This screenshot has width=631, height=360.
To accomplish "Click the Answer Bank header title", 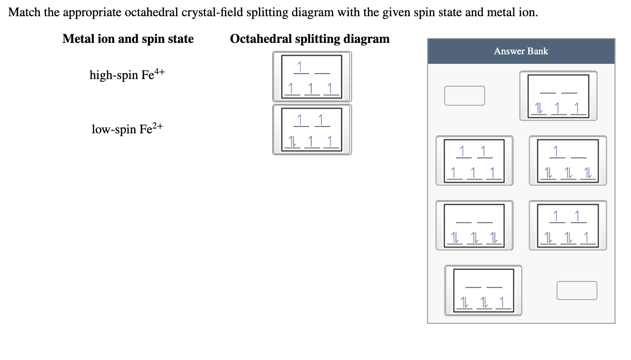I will click(521, 51).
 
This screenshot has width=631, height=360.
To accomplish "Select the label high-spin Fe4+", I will click(127, 75).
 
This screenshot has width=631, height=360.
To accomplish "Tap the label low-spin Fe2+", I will click(127, 129).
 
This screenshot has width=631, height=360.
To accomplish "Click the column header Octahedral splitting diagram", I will click(309, 39).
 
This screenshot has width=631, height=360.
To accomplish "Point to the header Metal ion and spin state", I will click(128, 39).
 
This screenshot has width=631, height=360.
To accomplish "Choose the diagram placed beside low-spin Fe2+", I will click(312, 130).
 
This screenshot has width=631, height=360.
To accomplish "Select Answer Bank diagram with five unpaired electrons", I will click(474, 160).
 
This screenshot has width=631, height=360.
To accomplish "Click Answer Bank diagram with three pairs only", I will click(474, 225).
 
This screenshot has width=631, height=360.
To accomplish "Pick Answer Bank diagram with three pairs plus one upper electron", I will click(567, 160).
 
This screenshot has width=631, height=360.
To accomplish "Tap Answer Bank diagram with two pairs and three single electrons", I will click(567, 225).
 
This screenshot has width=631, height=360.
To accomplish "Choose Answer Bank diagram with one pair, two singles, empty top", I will click(558, 96).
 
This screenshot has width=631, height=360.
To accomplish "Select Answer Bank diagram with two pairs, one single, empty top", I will click(483, 290).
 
